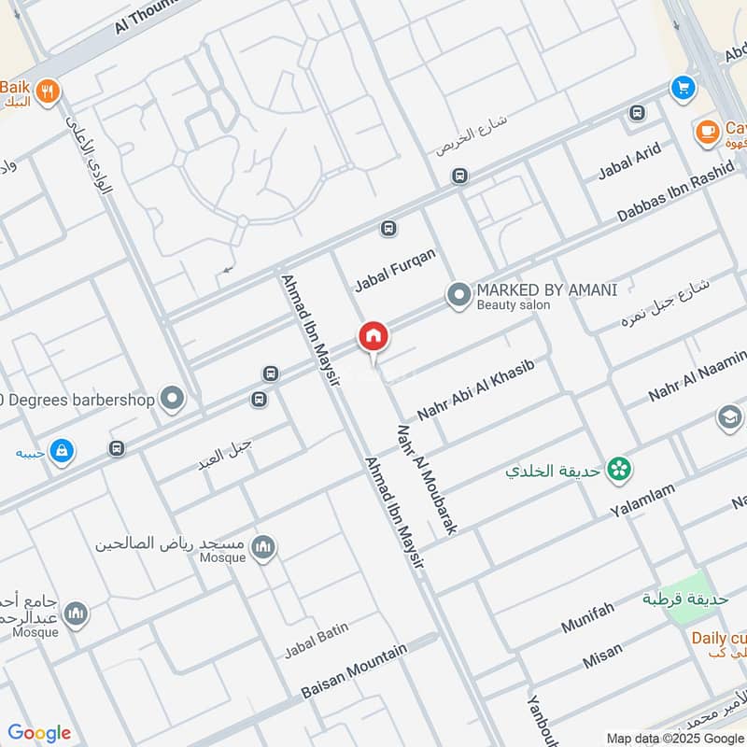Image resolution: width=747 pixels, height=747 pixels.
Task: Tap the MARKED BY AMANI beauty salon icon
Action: (458, 296)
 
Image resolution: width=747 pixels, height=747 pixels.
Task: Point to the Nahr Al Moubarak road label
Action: (427, 480)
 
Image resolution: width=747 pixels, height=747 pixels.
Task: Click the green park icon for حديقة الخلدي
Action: (617, 470)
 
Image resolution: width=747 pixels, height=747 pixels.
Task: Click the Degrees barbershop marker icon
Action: (172, 400)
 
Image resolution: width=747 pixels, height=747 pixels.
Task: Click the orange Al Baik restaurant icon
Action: (49, 91)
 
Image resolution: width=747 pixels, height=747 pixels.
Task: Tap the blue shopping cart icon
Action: (684, 87)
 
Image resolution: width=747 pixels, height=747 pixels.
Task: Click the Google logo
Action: (39, 733)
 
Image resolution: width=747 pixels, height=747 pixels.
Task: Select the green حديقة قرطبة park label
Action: (685, 599)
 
